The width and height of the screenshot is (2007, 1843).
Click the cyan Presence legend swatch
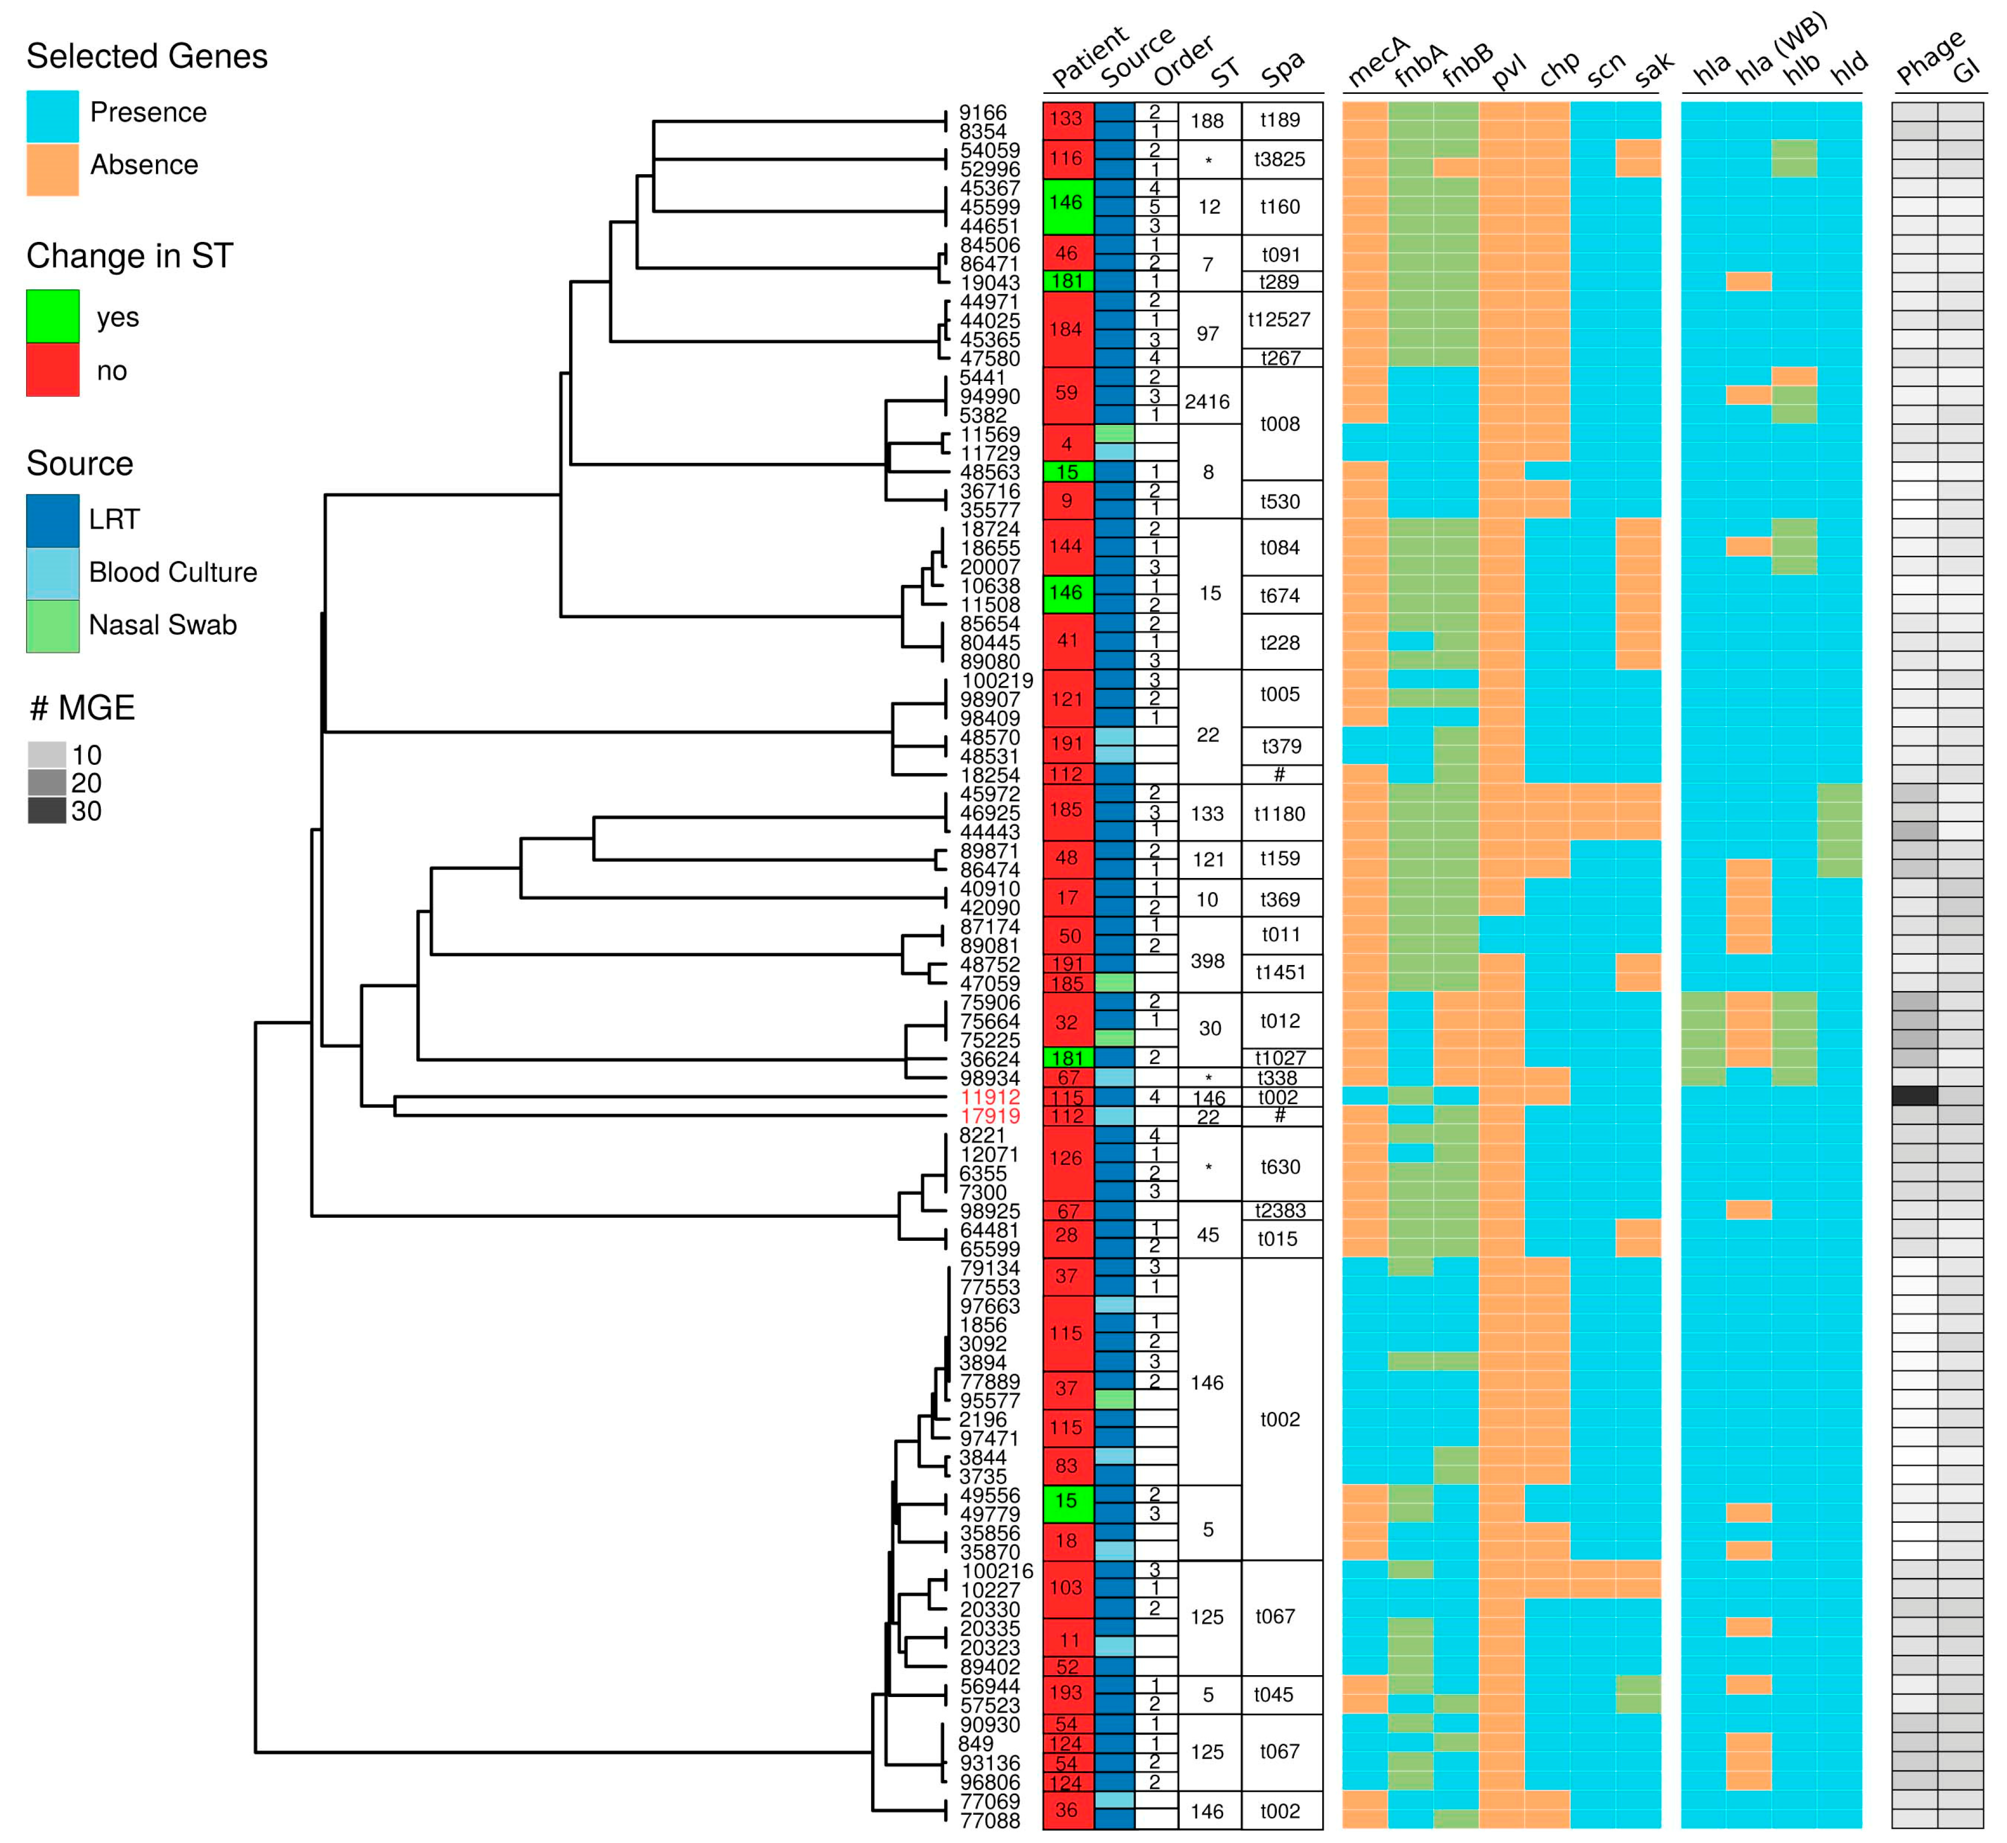coord(52,116)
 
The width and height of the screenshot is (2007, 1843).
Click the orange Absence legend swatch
coord(52,168)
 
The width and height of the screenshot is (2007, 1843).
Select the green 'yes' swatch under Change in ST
coord(52,316)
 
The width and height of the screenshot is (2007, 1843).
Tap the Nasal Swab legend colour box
coord(52,625)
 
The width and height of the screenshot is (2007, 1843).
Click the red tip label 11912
coord(989,1097)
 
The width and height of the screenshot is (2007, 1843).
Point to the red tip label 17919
coord(989,1116)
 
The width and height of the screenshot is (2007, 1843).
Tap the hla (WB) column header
coord(1781,50)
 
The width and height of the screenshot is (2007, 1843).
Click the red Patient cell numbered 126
coord(1066,1158)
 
